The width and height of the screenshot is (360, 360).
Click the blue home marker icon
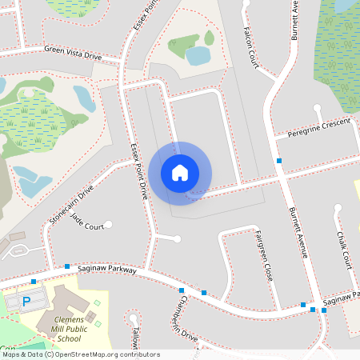tap(180, 172)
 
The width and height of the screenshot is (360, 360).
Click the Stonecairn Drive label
tap(71, 204)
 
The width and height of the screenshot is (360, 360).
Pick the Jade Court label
tap(87, 221)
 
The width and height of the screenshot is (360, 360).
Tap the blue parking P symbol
tap(26, 302)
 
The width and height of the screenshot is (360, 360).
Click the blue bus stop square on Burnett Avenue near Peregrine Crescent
tap(279, 162)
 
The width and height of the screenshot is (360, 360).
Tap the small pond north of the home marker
tap(198, 55)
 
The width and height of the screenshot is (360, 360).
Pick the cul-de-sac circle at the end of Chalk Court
tap(338, 208)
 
